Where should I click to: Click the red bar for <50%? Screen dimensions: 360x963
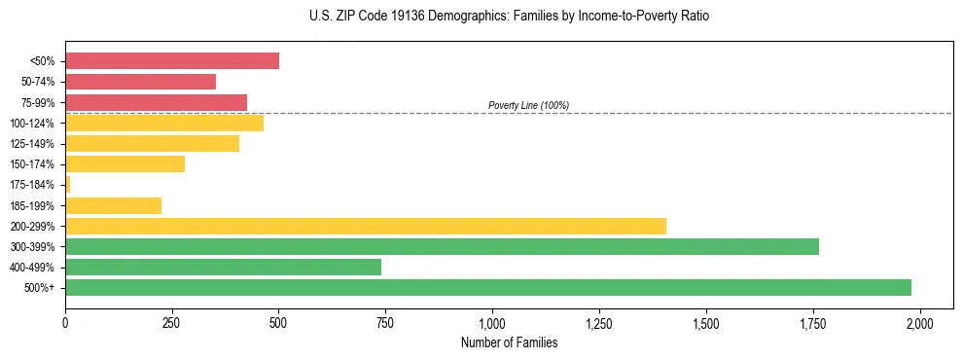172,61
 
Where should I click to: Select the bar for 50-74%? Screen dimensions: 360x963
141,82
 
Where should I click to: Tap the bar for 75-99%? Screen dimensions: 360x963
157,102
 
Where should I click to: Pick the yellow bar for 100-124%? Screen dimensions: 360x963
164,123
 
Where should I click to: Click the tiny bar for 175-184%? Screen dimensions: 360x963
68,184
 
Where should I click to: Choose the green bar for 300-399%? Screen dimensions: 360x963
442,246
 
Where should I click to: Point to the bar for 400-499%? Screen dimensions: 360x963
224,267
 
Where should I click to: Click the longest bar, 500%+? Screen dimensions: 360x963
488,287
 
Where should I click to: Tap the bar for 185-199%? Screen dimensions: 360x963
114,205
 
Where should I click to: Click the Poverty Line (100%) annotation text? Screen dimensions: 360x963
528,105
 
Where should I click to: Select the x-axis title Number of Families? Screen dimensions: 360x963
509,342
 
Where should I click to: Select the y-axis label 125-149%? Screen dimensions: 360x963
32,144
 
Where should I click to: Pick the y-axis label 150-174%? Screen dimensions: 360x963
32,164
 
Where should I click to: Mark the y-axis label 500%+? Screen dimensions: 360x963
39,288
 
